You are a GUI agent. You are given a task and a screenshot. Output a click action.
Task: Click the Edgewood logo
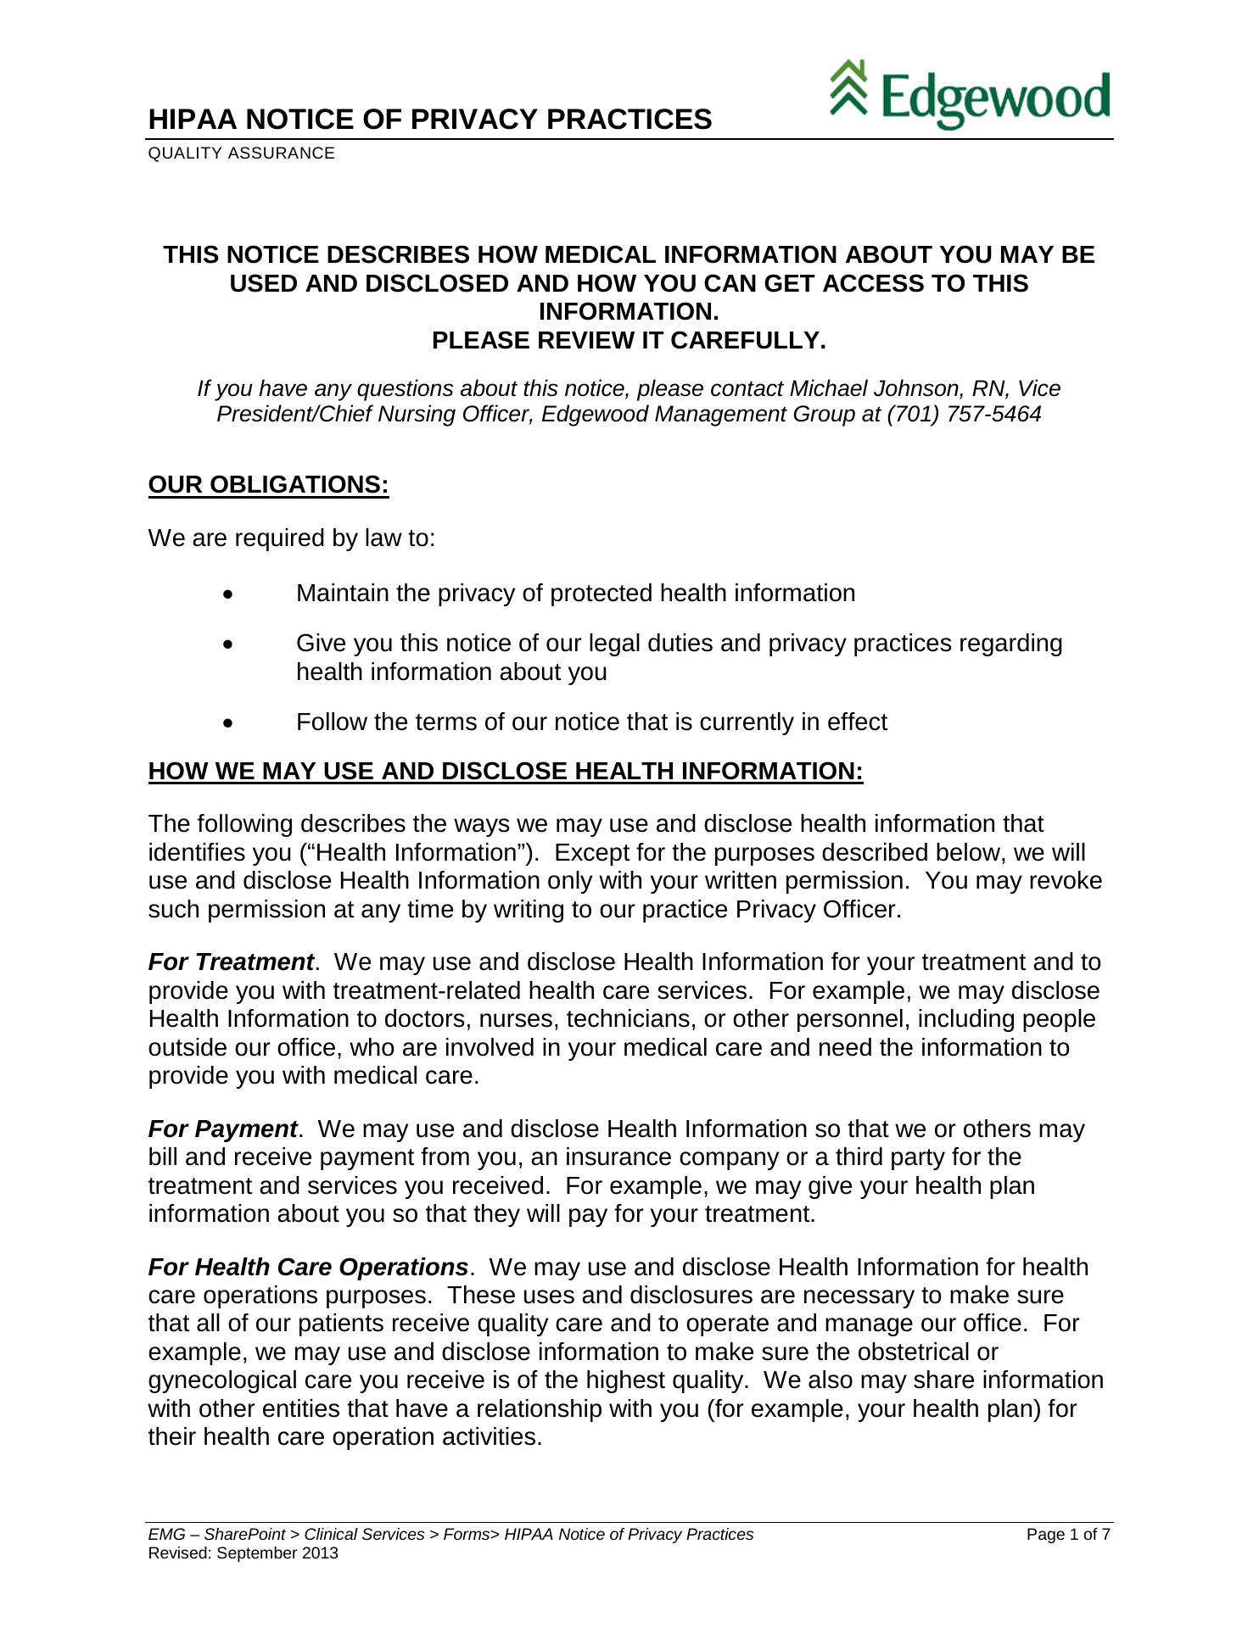tap(969, 94)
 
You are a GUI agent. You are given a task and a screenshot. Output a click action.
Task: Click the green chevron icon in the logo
tap(848, 87)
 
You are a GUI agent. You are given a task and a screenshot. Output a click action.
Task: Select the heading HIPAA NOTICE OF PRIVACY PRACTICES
tap(429, 120)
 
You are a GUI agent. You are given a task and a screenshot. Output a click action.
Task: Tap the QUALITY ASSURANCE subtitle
tap(241, 153)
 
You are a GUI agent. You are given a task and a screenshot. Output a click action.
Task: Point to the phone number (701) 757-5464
tap(964, 415)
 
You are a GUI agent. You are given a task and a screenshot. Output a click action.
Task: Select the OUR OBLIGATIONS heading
tap(268, 484)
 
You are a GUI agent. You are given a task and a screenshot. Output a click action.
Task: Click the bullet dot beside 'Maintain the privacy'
tap(227, 594)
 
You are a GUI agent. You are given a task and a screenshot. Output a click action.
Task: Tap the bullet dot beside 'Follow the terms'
tap(227, 723)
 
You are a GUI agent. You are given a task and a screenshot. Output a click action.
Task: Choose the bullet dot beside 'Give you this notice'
tap(227, 645)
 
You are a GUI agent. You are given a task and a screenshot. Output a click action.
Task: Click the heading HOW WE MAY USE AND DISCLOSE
tap(505, 771)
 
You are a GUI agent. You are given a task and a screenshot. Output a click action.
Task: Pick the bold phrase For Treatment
tap(231, 962)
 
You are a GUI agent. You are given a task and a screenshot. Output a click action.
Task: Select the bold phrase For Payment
tap(222, 1129)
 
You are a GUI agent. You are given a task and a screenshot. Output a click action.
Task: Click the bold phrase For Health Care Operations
tap(308, 1267)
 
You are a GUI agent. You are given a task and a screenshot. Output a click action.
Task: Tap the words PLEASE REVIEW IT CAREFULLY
tap(629, 340)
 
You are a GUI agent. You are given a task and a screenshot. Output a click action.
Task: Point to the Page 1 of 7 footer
tap(1068, 1534)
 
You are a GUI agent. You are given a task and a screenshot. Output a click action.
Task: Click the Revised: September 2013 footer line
tap(243, 1553)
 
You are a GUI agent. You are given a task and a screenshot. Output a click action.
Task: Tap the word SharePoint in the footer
tap(244, 1534)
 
